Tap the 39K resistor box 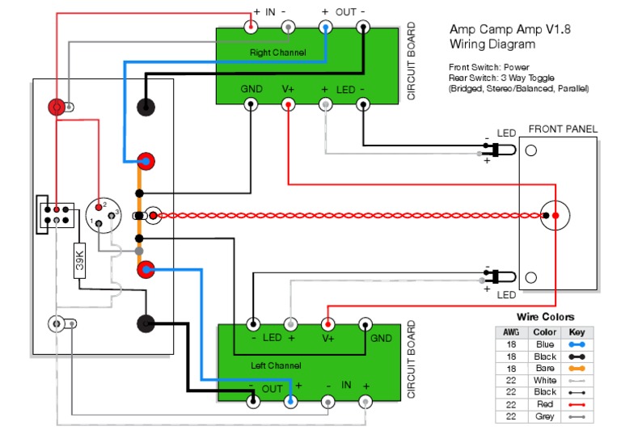80,260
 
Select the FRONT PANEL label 562,129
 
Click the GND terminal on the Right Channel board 251,104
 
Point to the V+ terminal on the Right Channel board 288,104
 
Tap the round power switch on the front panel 556,216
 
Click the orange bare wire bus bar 139,214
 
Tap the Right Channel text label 278,53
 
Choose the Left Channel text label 276,366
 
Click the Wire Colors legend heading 545,317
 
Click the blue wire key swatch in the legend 577,344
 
